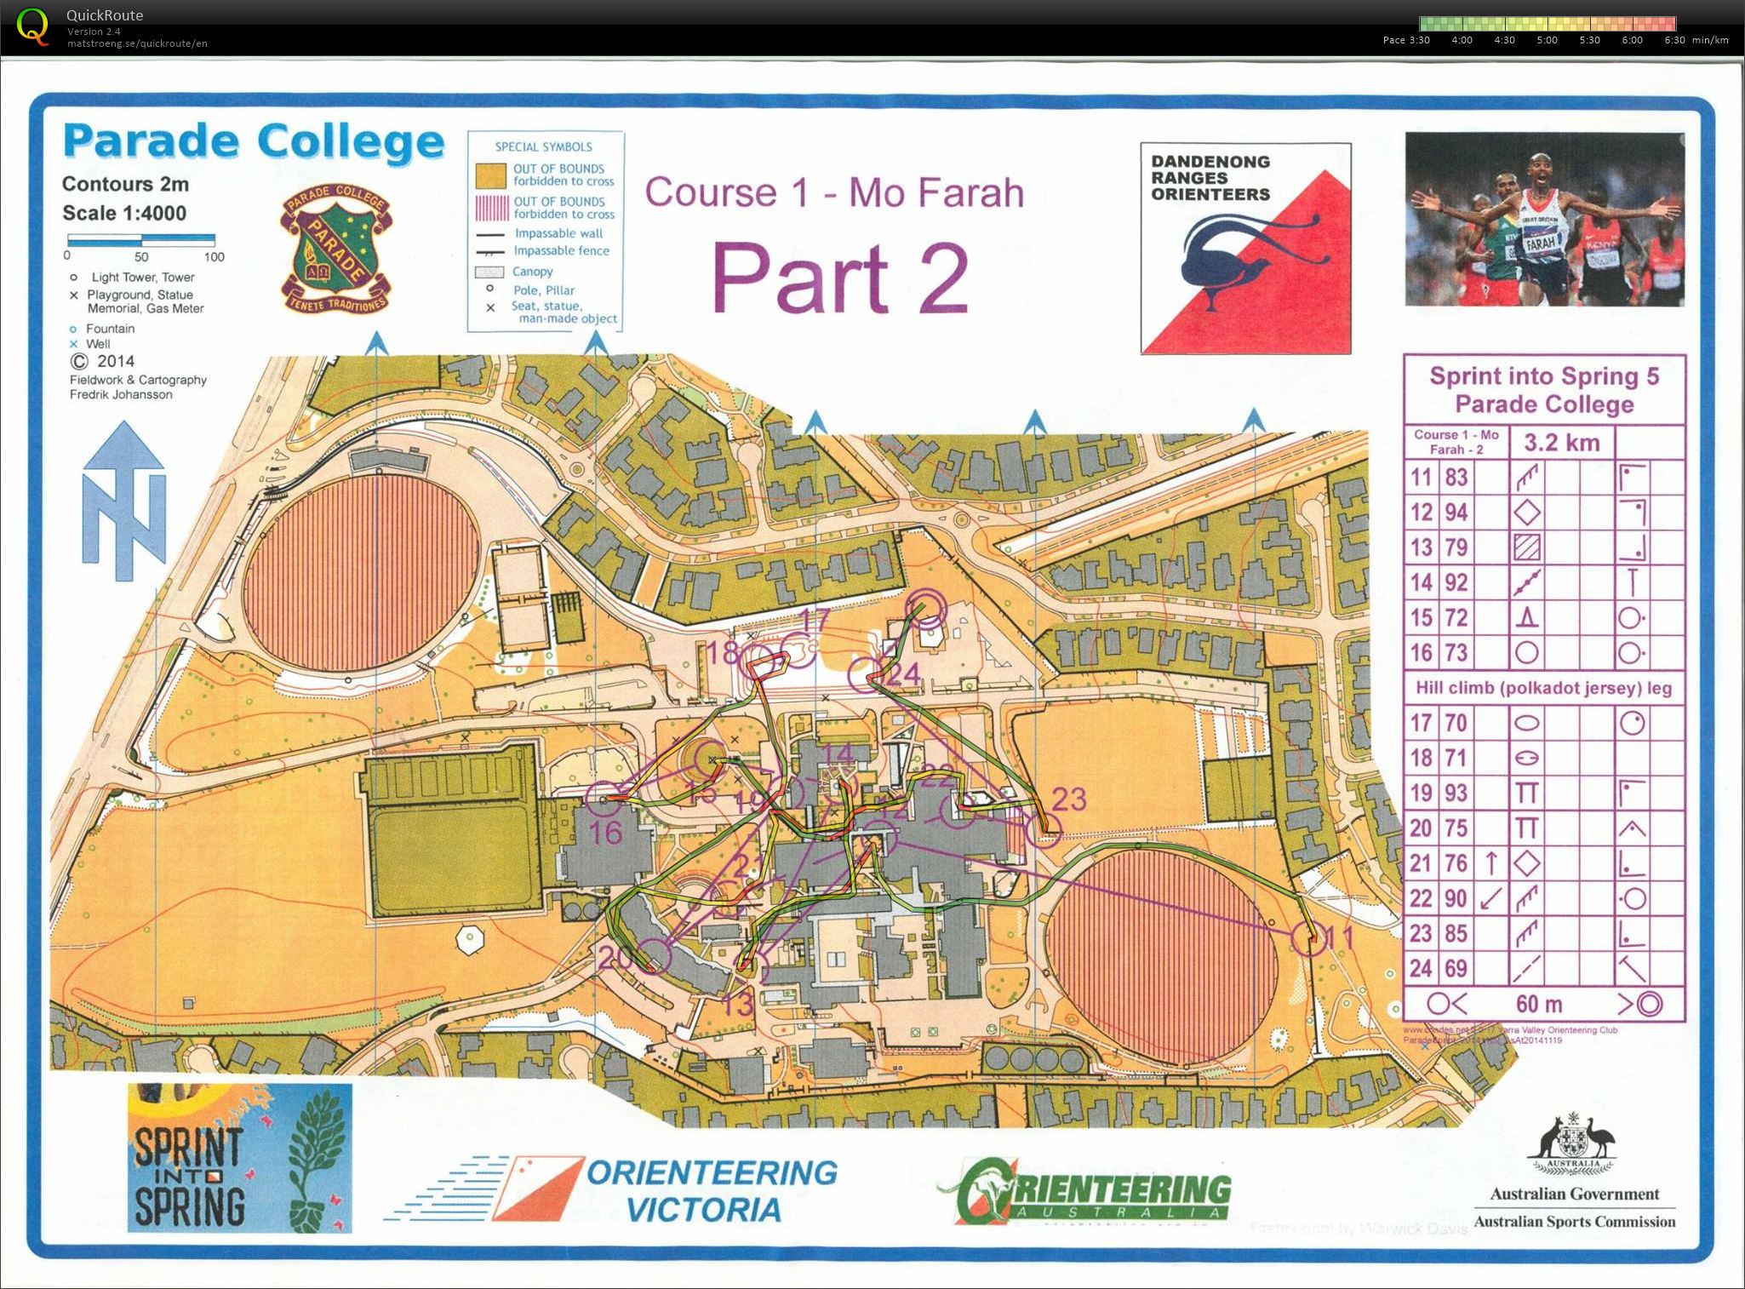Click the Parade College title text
point(253,140)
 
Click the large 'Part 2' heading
point(839,278)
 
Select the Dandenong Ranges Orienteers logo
point(1245,248)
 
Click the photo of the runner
point(1544,219)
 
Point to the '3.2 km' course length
point(1561,443)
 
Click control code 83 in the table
point(1456,477)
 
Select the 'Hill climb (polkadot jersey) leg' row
point(1543,688)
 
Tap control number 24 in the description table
point(1421,968)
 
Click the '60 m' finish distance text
point(1539,1004)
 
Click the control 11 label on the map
point(1340,938)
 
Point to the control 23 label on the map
point(1069,799)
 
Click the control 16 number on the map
point(605,833)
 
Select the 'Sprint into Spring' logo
point(239,1157)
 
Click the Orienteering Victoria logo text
point(711,1190)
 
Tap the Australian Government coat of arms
point(1573,1144)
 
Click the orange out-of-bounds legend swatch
point(490,175)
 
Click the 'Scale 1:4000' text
point(124,213)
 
